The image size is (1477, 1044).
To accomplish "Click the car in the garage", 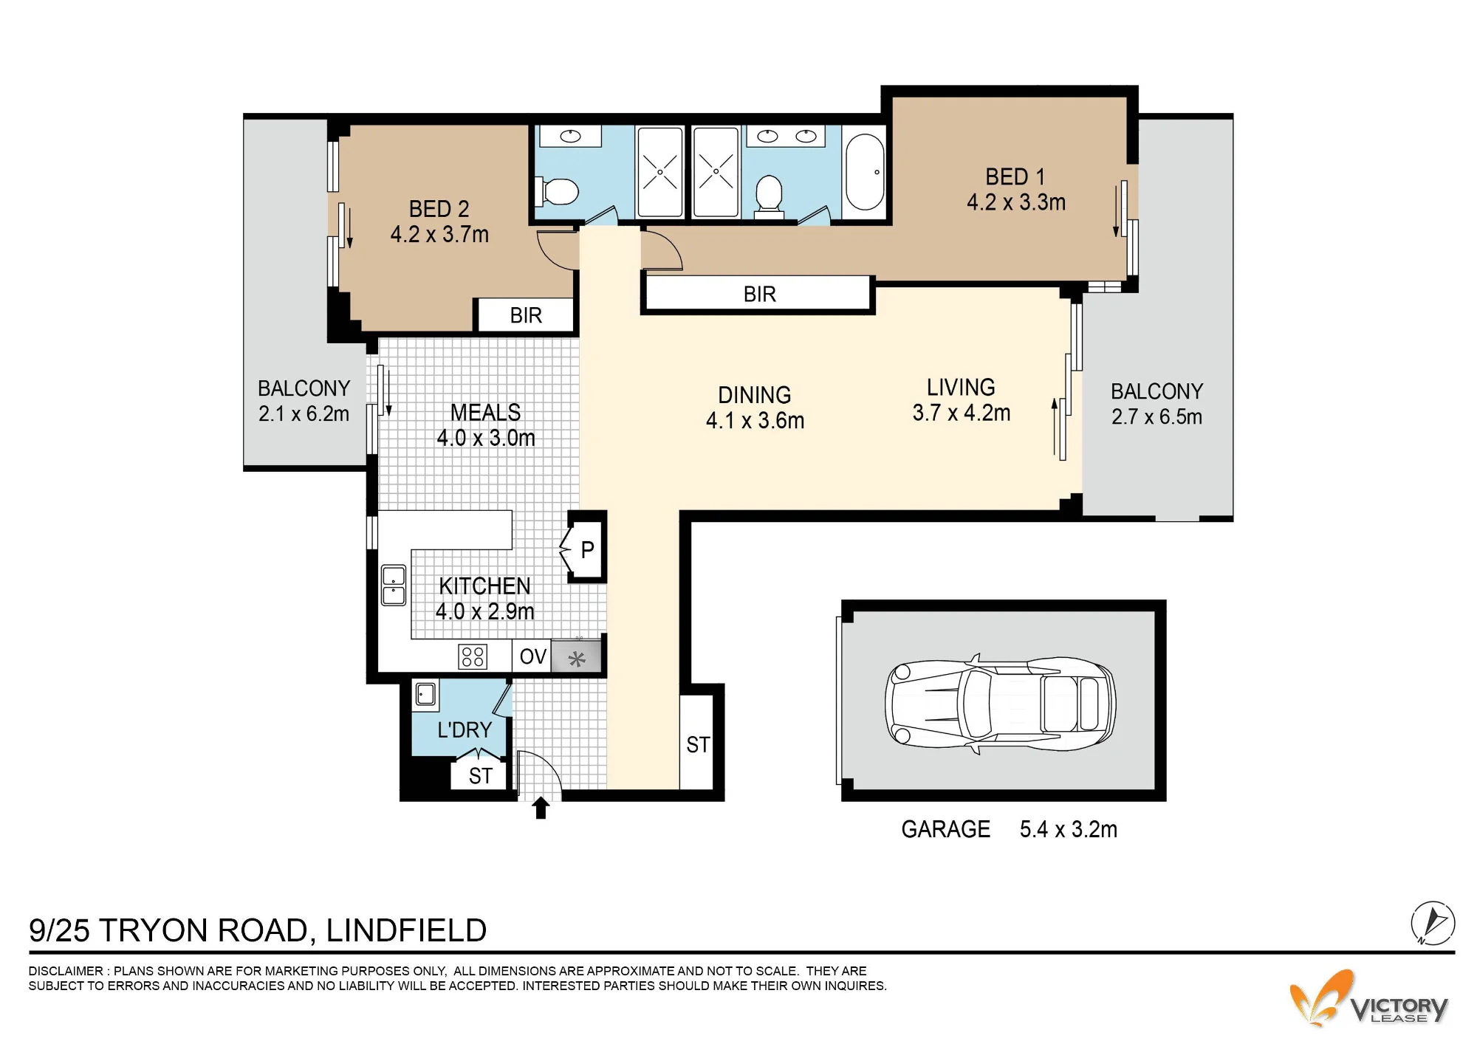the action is click(x=1000, y=704).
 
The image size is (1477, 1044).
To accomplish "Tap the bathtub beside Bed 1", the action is click(x=865, y=173).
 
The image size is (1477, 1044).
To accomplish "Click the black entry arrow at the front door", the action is click(x=541, y=808).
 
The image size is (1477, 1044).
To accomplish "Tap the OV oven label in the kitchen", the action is click(x=533, y=656).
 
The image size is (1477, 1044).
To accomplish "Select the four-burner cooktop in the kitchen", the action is click(x=473, y=656).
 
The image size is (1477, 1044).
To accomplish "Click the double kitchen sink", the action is click(x=393, y=585).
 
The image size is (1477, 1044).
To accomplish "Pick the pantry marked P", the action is click(x=587, y=549).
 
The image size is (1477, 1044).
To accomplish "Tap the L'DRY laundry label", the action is click(x=464, y=730).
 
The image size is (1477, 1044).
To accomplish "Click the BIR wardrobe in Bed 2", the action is click(x=526, y=316).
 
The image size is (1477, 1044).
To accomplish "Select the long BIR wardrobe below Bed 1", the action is click(x=758, y=295).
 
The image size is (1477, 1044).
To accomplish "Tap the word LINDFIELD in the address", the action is click(x=406, y=931).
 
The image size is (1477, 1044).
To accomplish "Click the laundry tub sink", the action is click(x=425, y=694).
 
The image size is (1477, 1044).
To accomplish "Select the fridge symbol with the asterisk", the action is click(x=577, y=657).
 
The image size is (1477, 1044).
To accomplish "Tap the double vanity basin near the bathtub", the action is click(x=787, y=136).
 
